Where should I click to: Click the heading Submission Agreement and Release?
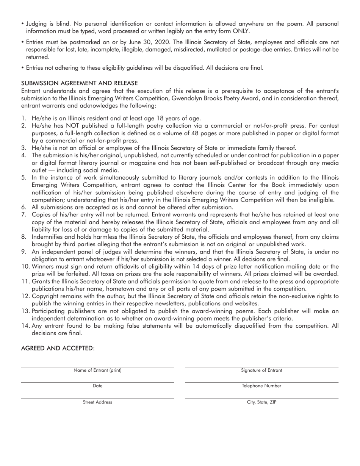tap(79, 83)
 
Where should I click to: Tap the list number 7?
tap(23, 215)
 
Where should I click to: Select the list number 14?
tap(25, 326)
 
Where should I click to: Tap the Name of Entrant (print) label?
tap(97, 370)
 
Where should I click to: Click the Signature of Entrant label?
tap(261, 370)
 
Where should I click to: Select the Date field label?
tap(97, 386)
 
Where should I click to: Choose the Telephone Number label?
tap(261, 386)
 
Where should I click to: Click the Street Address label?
tap(97, 402)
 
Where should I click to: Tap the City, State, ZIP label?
tap(261, 402)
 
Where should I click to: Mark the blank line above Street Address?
tap(97, 398)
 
